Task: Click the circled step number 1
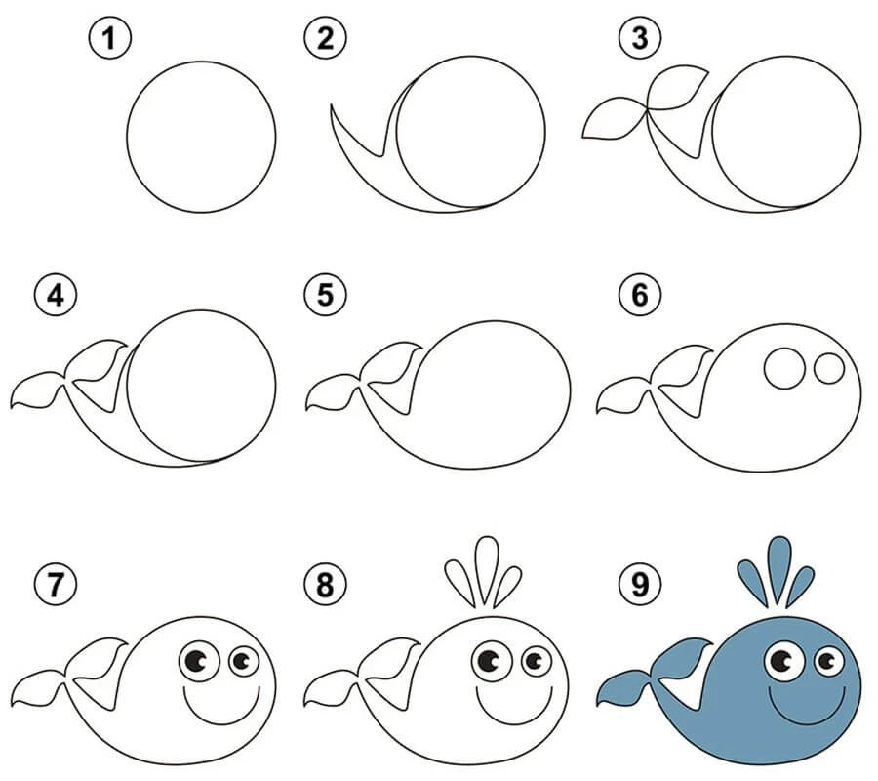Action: (x=109, y=39)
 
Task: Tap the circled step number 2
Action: (x=325, y=39)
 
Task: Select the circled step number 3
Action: (x=640, y=39)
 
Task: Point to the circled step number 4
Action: (x=56, y=295)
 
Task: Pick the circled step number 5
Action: (x=325, y=295)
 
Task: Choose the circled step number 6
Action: (x=640, y=295)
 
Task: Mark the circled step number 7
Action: (x=56, y=585)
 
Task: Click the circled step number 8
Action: (x=325, y=585)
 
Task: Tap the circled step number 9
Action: (x=640, y=585)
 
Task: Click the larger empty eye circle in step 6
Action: (x=784, y=368)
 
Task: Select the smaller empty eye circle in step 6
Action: (x=828, y=368)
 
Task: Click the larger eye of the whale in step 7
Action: (x=199, y=661)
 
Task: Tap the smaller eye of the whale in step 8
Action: (x=537, y=661)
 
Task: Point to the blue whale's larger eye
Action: (x=784, y=661)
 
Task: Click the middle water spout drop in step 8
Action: (x=486, y=571)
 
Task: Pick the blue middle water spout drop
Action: (x=778, y=571)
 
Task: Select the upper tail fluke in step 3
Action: (x=678, y=89)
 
